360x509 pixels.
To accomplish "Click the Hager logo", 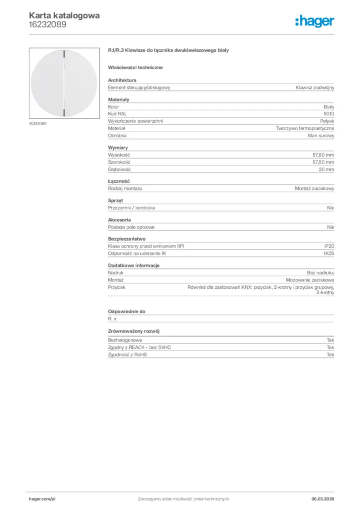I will [314, 20].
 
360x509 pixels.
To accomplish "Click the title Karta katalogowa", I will [64, 15].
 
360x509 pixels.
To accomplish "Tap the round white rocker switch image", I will [65, 83].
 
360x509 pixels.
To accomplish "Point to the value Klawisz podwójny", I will [315, 87].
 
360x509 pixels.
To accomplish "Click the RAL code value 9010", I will [329, 114].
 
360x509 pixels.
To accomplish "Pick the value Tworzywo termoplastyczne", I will [305, 128].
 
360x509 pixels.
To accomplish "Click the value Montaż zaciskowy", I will [314, 188].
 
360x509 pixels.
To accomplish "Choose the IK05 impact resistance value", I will [329, 254].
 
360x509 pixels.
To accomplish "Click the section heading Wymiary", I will [118, 148].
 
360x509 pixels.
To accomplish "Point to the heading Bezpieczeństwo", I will [127, 239].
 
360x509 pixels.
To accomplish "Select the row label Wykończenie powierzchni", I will [136, 121].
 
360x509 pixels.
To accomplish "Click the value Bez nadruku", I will [321, 273].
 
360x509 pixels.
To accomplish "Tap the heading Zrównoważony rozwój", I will [134, 331].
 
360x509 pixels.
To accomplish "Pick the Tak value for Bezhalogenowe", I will [331, 340].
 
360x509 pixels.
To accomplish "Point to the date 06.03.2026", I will [322, 499].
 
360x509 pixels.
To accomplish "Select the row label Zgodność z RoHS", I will [128, 355].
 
